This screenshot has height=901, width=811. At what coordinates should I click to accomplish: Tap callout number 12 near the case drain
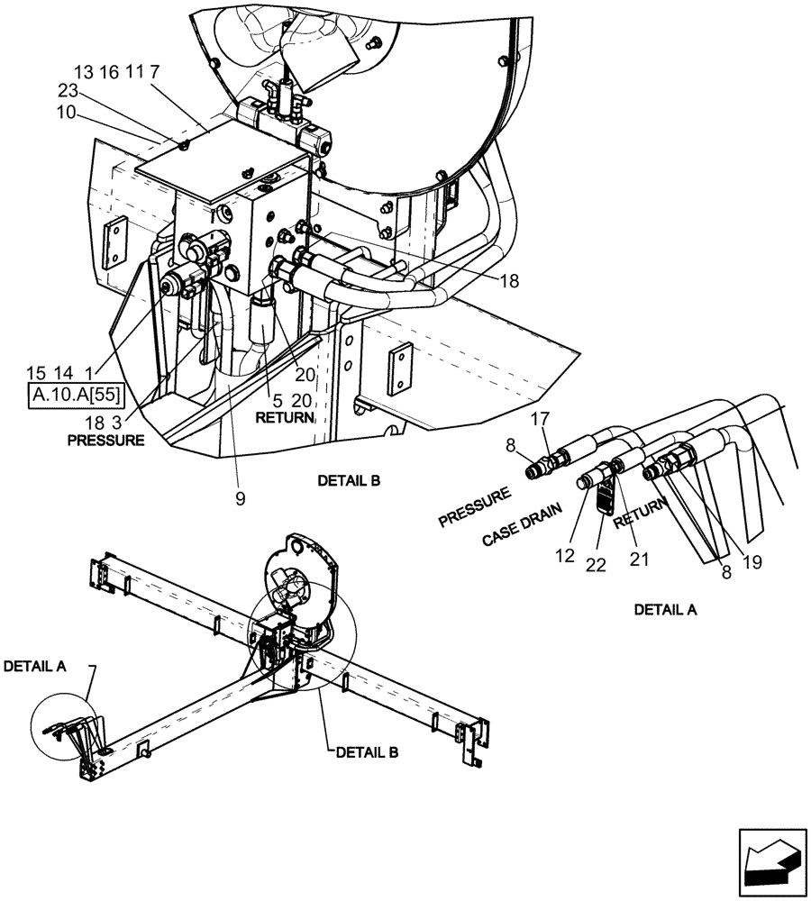point(564,557)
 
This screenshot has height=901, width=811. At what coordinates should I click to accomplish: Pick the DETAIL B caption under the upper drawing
point(349,481)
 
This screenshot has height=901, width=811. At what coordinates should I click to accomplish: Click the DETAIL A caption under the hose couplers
point(666,610)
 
